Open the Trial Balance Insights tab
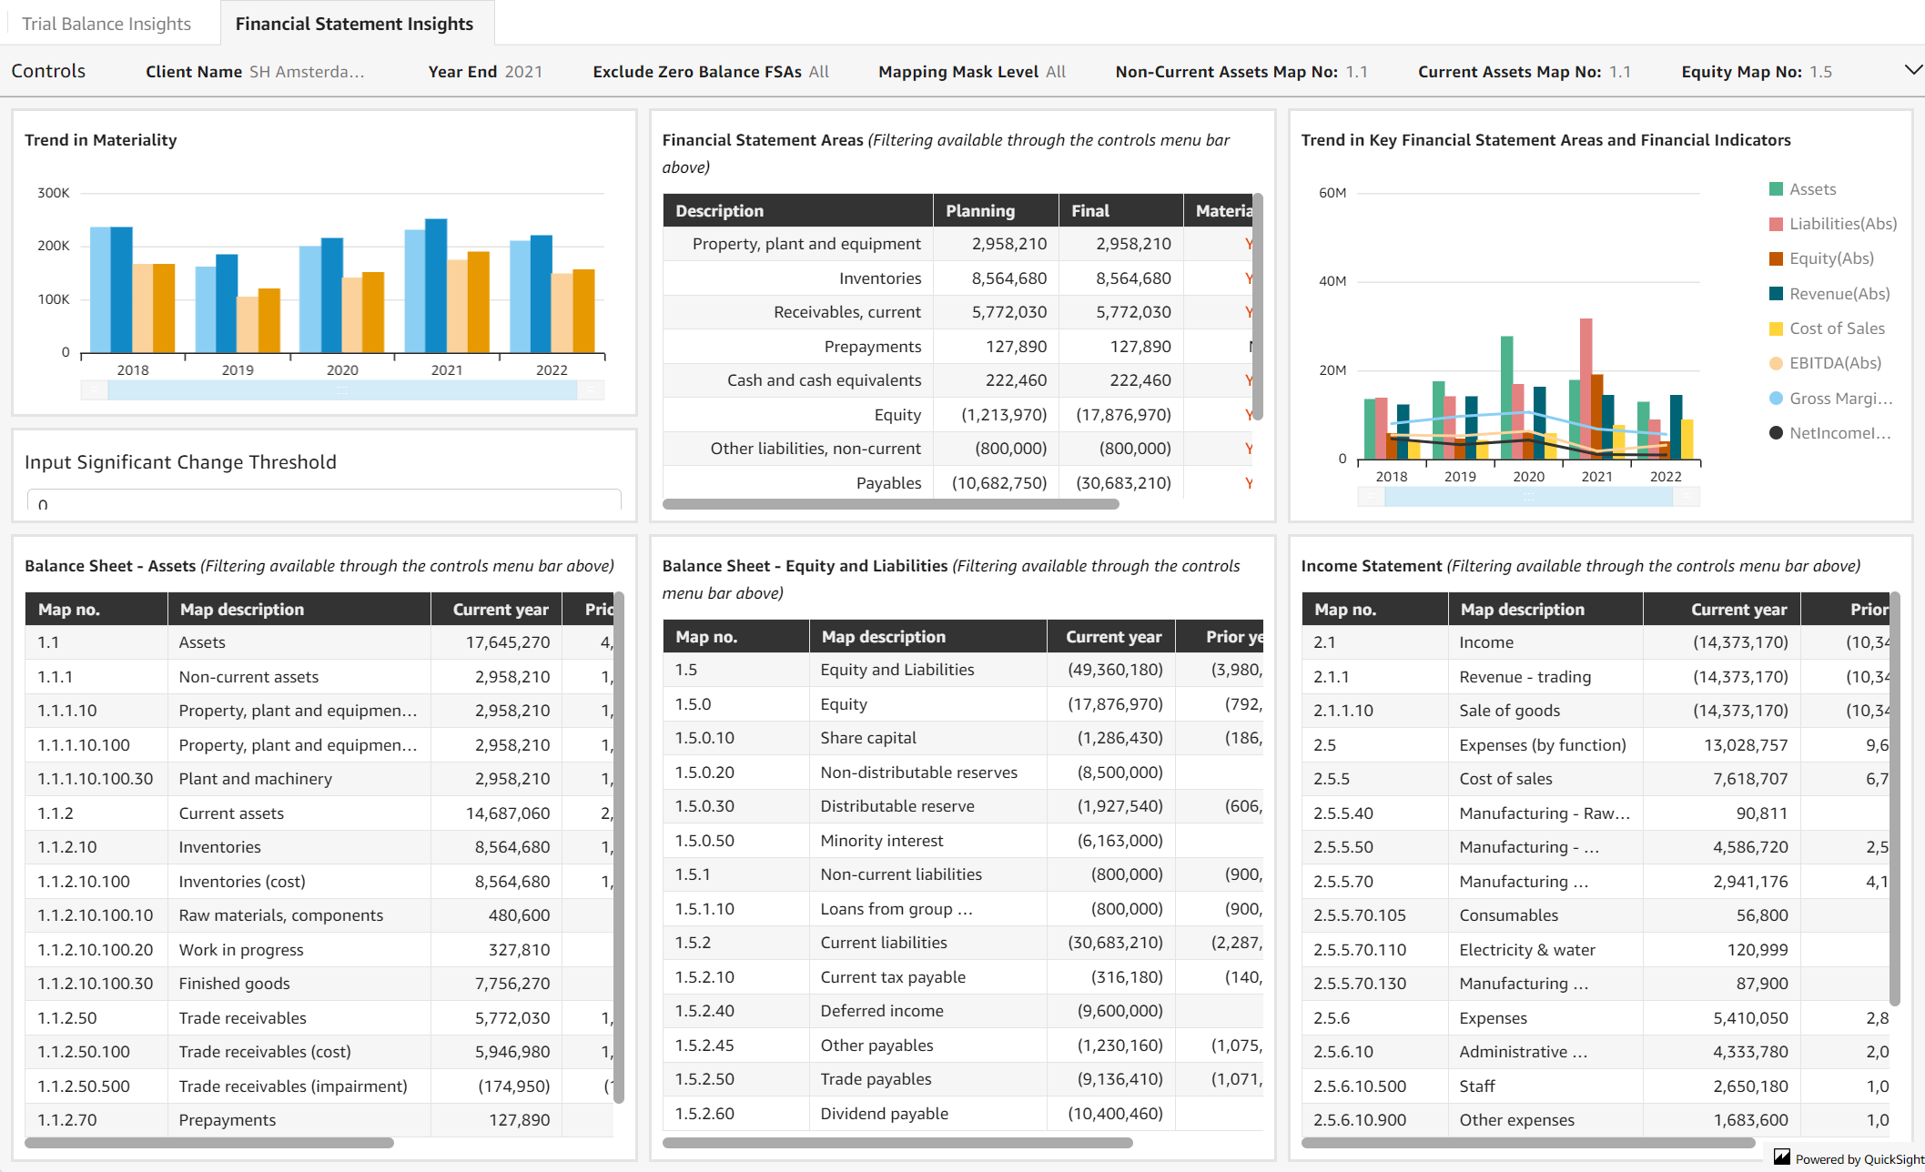pos(106,24)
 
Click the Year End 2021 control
pos(484,72)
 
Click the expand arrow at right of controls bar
pos(1913,70)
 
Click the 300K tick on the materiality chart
pos(53,193)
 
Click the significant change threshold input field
pos(324,502)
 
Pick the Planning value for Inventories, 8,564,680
pos(1008,278)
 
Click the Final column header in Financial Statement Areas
pos(1090,211)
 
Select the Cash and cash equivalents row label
pos(823,380)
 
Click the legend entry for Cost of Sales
pos(1836,328)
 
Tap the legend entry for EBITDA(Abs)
pos(1834,363)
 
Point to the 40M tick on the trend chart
pos(1332,281)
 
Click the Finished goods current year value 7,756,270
pos(512,984)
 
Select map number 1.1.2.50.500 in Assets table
pos(84,1086)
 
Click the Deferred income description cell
pos(881,1011)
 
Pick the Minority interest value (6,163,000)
pos(1120,841)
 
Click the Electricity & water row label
pos(1526,950)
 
